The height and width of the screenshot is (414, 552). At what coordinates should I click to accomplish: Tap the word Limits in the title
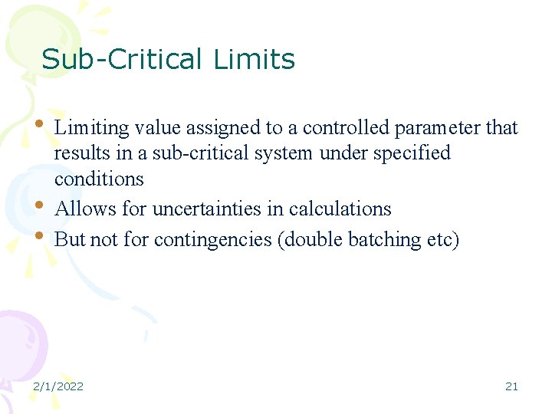(255, 59)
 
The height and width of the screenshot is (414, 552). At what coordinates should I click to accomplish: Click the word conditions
(99, 179)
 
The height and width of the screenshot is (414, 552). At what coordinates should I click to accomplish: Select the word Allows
(82, 209)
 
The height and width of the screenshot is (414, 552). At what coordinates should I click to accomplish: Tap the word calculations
(340, 209)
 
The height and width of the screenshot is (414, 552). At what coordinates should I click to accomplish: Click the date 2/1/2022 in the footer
(58, 386)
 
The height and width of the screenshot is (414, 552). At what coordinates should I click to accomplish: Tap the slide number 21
(511, 386)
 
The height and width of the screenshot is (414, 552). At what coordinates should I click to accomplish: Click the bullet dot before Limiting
(40, 122)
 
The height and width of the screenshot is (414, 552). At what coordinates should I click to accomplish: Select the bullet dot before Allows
(40, 205)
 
